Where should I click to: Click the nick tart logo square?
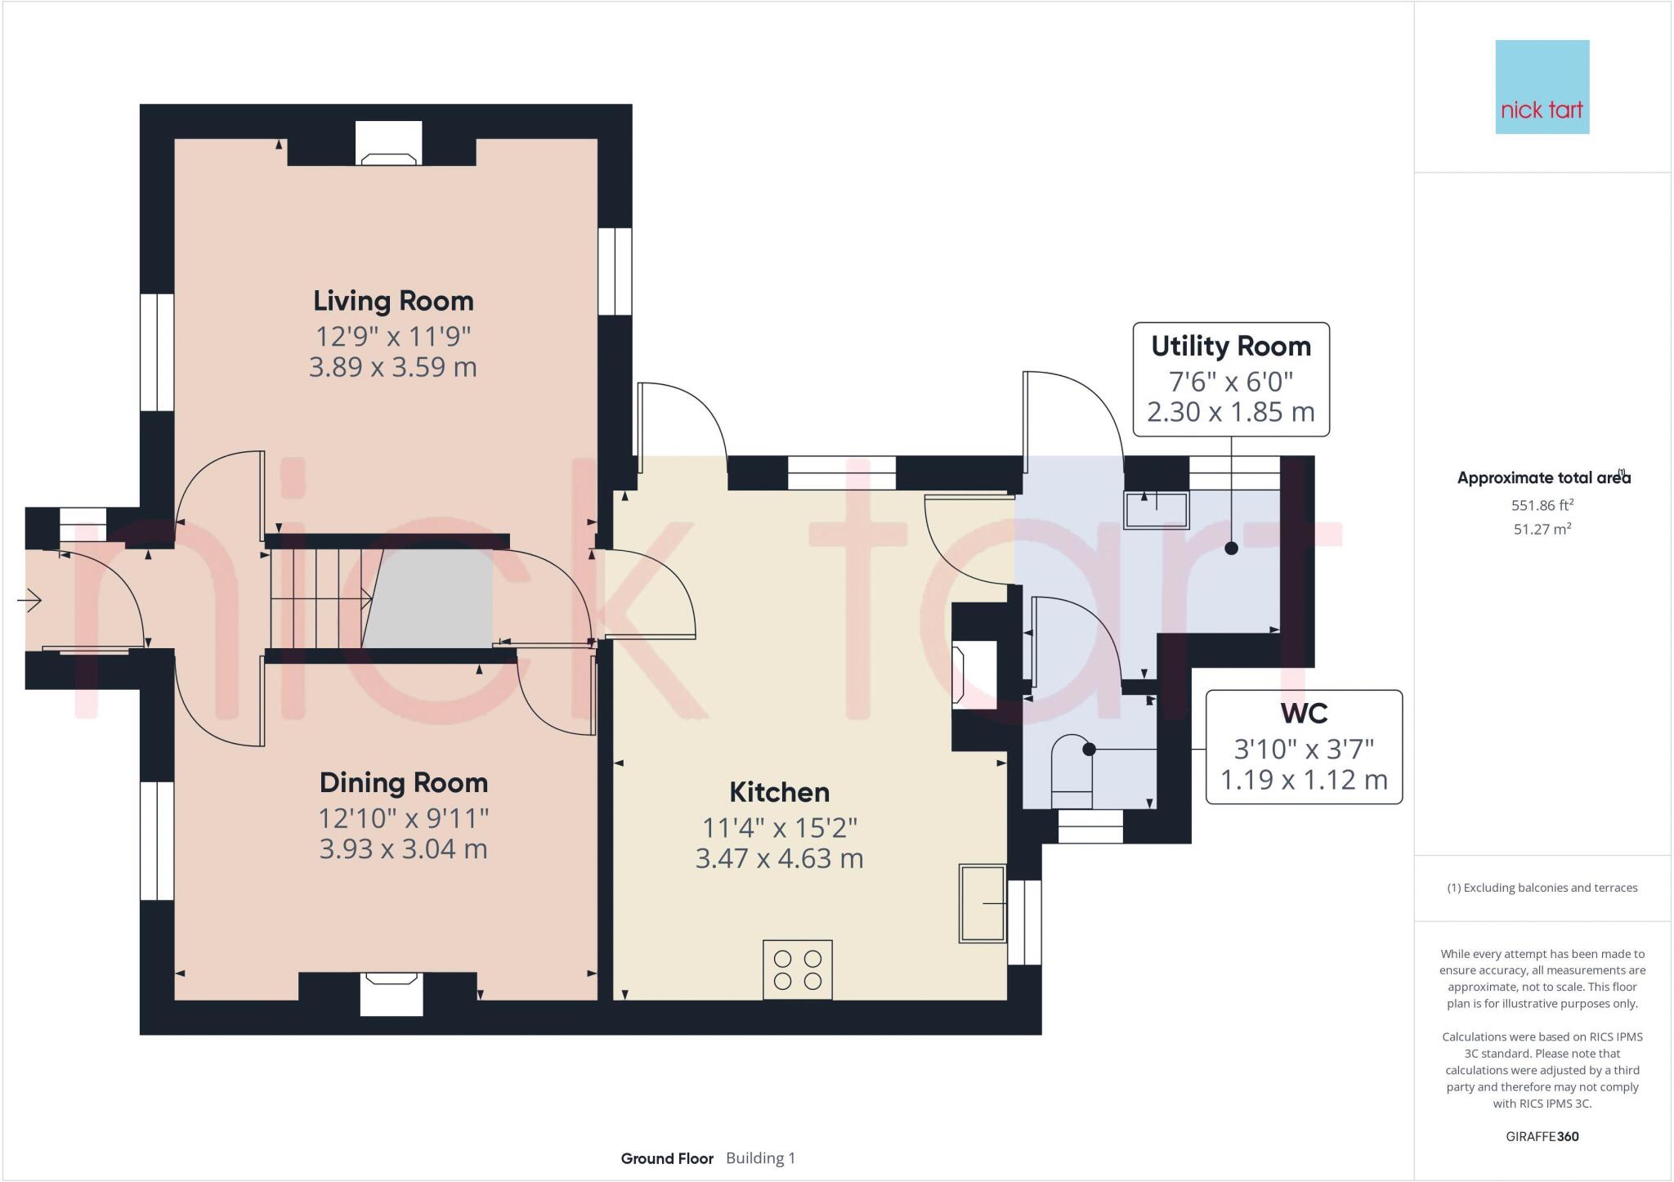[x=1542, y=87]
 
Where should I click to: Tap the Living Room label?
[x=393, y=301]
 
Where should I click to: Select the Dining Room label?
[x=404, y=782]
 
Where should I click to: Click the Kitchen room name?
[x=779, y=792]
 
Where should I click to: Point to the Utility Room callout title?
[x=1231, y=347]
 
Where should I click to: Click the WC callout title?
[x=1304, y=714]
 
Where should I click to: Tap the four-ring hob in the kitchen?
[x=798, y=969]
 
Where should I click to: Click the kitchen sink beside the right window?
[x=982, y=903]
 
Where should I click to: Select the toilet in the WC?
[x=1072, y=772]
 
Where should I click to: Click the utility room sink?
[x=1157, y=510]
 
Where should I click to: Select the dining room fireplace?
[x=392, y=993]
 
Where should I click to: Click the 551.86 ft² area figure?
[x=1542, y=505]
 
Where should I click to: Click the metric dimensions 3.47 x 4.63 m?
[x=779, y=858]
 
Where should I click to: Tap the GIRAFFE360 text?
[x=1542, y=1136]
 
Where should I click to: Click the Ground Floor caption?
[x=667, y=1158]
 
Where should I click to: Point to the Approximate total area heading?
[x=1544, y=478]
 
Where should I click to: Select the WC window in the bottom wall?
[x=1090, y=826]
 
